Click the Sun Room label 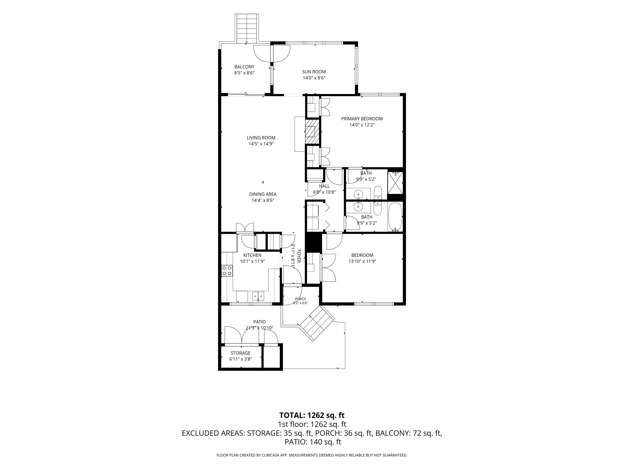[x=314, y=72]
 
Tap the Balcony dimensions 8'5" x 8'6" [x=244, y=73]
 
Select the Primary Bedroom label [x=362, y=119]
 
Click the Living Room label [x=261, y=138]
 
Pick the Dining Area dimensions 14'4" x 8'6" [x=263, y=200]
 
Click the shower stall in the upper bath [x=395, y=183]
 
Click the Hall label [x=324, y=186]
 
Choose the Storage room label [x=241, y=353]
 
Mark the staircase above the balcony [x=247, y=28]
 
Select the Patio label [x=259, y=322]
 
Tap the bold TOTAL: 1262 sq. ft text [x=312, y=415]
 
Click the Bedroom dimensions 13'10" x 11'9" [x=362, y=261]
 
